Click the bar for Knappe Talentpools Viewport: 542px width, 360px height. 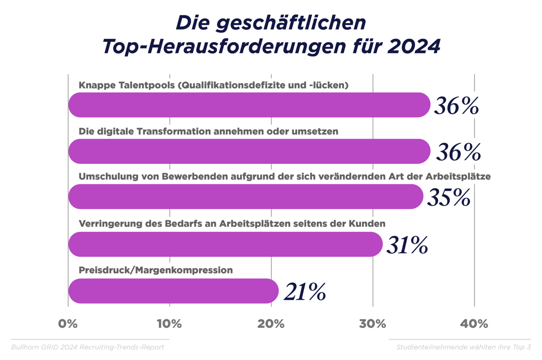[x=249, y=105]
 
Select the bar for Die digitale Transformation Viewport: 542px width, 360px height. [x=249, y=151]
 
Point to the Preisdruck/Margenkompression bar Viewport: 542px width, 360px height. [x=173, y=291]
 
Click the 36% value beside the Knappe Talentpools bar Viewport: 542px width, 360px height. [x=456, y=106]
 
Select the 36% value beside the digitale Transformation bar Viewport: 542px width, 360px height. [x=458, y=153]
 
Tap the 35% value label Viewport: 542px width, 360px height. [x=449, y=198]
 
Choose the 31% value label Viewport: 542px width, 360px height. [x=407, y=246]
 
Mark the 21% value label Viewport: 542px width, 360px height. [x=305, y=292]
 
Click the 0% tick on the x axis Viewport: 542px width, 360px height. [x=68, y=324]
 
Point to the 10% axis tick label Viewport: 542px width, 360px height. [x=169, y=324]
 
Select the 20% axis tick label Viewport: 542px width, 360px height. [x=271, y=324]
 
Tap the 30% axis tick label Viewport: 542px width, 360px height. [x=373, y=324]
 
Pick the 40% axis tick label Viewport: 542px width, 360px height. [x=474, y=324]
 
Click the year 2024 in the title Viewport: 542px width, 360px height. [x=414, y=47]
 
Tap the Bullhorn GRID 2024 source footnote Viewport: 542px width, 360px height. [x=88, y=347]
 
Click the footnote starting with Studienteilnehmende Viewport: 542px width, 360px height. [x=463, y=347]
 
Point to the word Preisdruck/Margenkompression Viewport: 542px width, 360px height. [x=156, y=270]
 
